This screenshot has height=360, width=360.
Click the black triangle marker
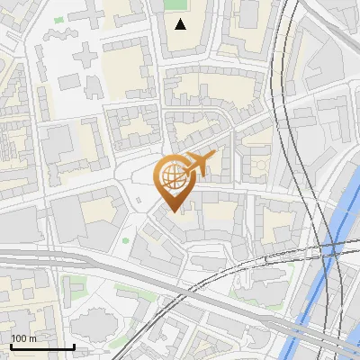(x=181, y=23)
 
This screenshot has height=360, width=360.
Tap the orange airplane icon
(x=198, y=164)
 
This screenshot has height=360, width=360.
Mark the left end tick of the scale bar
(x=10, y=346)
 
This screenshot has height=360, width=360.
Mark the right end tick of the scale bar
(x=74, y=346)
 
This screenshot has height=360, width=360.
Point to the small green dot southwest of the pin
(x=125, y=240)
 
